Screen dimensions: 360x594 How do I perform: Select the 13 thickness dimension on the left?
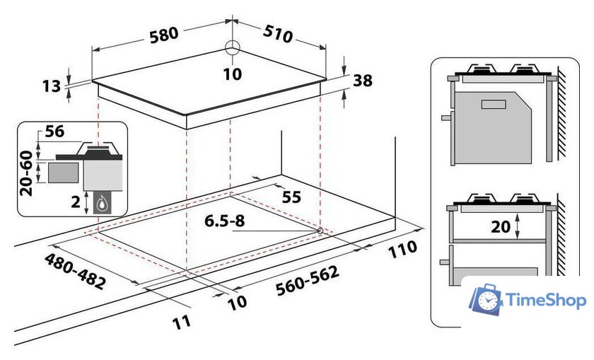pyautogui.click(x=51, y=86)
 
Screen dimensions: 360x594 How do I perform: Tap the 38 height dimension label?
pyautogui.click(x=362, y=81)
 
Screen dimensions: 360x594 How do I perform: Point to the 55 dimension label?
pyautogui.click(x=291, y=197)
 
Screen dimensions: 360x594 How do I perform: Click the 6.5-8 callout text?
pyautogui.click(x=225, y=220)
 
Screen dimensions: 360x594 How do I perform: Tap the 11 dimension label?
pyautogui.click(x=182, y=322)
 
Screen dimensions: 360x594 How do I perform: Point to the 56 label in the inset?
pyautogui.click(x=54, y=131)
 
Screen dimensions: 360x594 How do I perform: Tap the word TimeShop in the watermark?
pyautogui.click(x=547, y=301)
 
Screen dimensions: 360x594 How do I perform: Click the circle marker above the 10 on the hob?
pyautogui.click(x=233, y=48)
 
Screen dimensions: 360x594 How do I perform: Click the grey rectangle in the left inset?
pyautogui.click(x=64, y=171)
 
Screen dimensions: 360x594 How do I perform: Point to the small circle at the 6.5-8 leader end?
pyautogui.click(x=320, y=231)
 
